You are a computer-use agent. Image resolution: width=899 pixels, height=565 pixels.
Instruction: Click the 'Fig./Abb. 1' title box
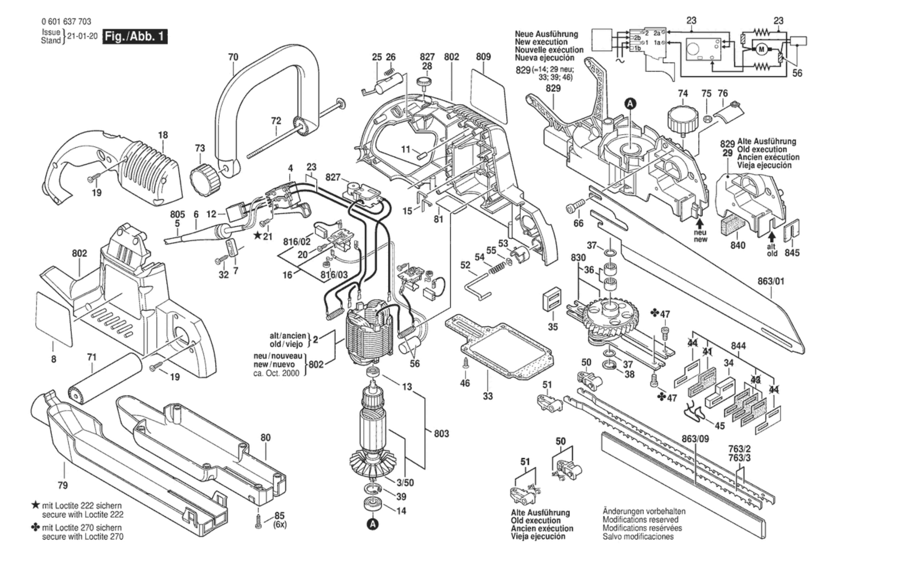[x=135, y=37]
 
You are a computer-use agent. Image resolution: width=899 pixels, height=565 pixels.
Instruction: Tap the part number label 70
[x=233, y=57]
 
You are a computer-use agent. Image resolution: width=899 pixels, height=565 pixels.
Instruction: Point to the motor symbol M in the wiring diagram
[x=761, y=49]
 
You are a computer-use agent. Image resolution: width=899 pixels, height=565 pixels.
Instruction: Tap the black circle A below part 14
[x=372, y=524]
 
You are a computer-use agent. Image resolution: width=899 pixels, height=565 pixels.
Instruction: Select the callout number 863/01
[x=771, y=281]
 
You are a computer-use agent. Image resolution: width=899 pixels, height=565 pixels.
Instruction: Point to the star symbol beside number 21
[x=257, y=235]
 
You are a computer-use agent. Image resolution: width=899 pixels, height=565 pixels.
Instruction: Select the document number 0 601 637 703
[x=66, y=22]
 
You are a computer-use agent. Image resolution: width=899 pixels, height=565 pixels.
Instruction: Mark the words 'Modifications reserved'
[x=640, y=520]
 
